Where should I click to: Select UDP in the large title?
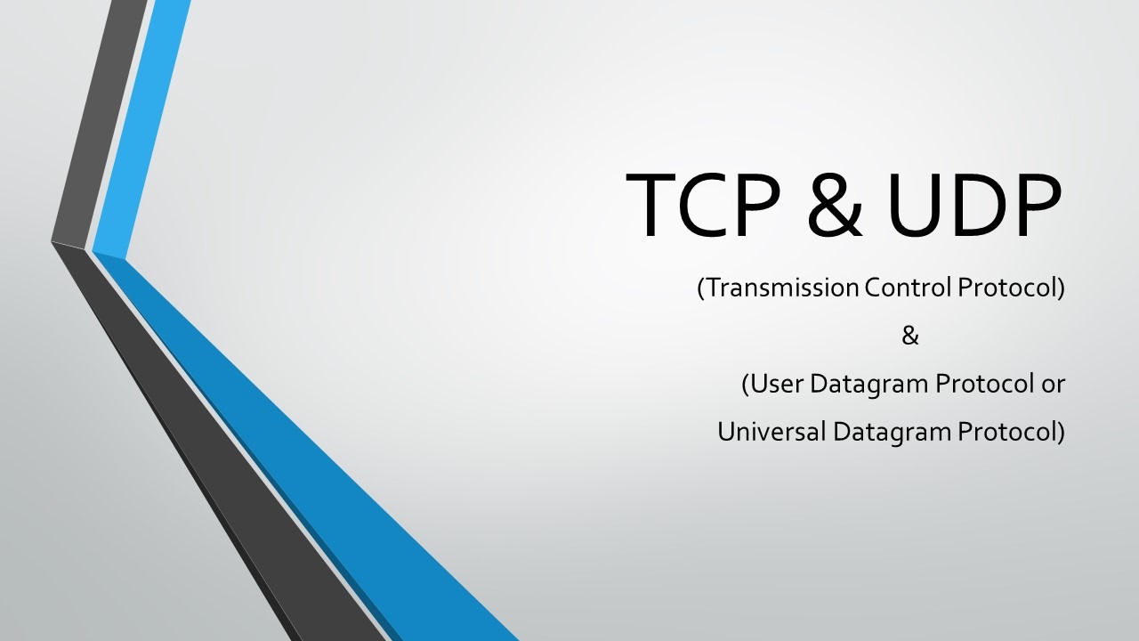974,204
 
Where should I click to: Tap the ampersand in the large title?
836,206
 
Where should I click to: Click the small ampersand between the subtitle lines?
909,336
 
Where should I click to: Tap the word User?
775,384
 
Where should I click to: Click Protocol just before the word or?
985,384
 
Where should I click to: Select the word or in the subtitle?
1053,385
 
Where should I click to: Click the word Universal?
771,432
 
